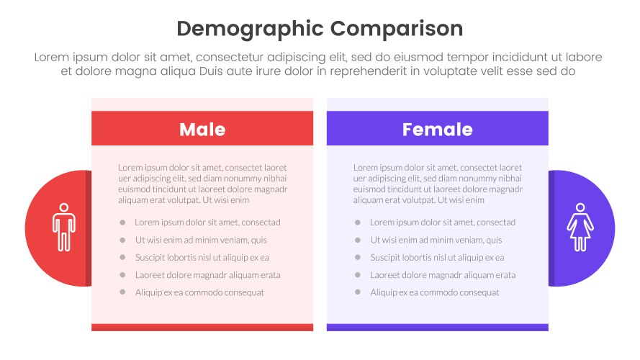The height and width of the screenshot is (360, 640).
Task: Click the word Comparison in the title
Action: [397, 29]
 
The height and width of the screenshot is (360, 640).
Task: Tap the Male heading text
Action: [202, 130]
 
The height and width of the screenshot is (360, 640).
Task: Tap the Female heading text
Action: [437, 130]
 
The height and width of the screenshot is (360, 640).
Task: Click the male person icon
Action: [63, 228]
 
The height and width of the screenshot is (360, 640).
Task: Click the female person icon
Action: [580, 228]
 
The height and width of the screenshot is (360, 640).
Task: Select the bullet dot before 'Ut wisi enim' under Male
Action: [123, 240]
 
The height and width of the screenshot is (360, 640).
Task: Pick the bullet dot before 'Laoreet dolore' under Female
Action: [358, 275]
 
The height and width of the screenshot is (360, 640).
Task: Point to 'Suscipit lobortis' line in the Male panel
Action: [202, 258]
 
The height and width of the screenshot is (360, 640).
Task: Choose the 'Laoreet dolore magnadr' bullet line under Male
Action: [207, 275]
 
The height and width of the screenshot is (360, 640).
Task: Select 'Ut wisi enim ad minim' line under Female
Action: [436, 240]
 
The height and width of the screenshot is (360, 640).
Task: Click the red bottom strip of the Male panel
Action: [202, 328]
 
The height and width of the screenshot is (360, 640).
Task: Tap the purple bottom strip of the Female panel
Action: [437, 328]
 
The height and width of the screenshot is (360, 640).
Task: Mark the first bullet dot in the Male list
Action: [123, 222]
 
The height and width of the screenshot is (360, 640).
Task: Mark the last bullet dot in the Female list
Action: [358, 292]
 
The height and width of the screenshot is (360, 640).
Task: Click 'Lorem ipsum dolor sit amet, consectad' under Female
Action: [442, 222]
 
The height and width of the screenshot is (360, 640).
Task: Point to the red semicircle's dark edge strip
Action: [89, 228]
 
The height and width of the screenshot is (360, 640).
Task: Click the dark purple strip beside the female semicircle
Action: [551, 228]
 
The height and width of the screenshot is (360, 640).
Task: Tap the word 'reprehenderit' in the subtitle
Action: [369, 71]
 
